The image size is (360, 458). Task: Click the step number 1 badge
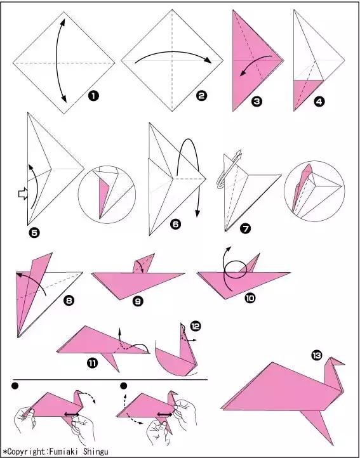[x=93, y=96]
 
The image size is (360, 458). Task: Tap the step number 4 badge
[x=319, y=101]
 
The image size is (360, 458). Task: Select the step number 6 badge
[x=175, y=225]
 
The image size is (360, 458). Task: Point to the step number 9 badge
[x=138, y=301]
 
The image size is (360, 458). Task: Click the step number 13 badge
[x=317, y=355]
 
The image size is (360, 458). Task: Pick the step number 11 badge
[x=92, y=363]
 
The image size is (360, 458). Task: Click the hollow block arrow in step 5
[x=22, y=193]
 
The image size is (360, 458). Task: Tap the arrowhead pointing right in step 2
[x=208, y=60]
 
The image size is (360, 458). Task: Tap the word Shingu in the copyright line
[x=96, y=452]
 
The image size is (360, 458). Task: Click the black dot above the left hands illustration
[x=15, y=386]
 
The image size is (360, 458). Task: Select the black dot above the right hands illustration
[x=124, y=386]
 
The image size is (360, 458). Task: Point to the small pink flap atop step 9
[x=143, y=263]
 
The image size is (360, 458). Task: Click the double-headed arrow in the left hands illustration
[x=72, y=414]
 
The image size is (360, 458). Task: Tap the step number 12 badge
[x=196, y=325]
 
